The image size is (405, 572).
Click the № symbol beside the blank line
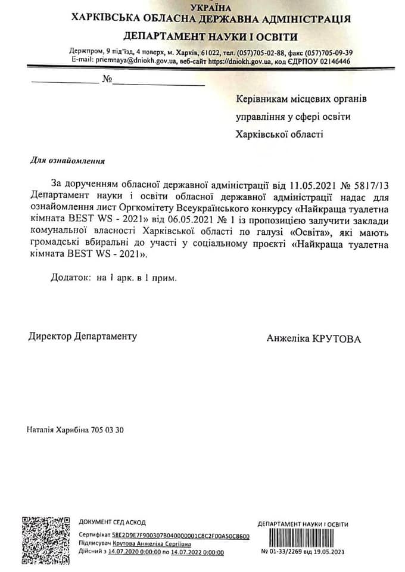[107, 80]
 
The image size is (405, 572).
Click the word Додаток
[69, 278]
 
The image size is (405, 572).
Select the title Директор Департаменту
[83, 336]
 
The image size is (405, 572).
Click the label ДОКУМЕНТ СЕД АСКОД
[112, 522]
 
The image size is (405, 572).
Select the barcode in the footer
[302, 537]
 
